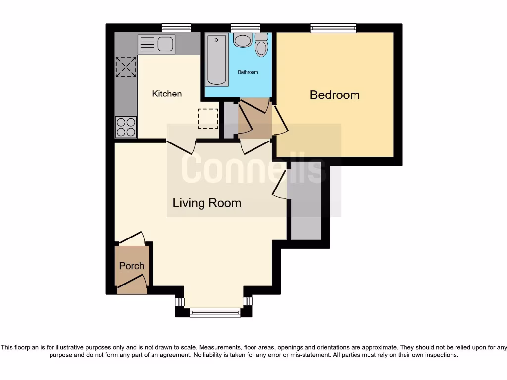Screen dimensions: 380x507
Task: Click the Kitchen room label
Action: [x=167, y=94]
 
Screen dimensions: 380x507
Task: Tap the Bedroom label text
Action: [x=335, y=95]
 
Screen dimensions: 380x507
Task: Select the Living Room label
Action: [x=206, y=203]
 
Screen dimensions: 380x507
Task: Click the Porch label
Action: [x=132, y=266]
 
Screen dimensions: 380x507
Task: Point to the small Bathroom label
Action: [x=248, y=72]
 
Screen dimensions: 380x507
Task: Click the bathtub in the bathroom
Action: [x=217, y=59]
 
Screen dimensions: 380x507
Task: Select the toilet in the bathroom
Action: [x=261, y=45]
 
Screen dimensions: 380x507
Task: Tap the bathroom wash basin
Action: [x=243, y=41]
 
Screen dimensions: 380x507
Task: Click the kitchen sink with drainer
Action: [x=156, y=45]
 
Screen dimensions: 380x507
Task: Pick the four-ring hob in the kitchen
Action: [x=126, y=127]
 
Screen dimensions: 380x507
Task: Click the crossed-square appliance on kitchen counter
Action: [x=126, y=67]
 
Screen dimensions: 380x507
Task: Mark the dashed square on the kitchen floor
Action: [x=207, y=118]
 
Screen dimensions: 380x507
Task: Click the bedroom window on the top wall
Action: [x=333, y=28]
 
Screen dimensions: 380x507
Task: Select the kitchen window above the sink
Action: [x=177, y=28]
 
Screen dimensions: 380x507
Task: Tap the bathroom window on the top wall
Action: [x=246, y=28]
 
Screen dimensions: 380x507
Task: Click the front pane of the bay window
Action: [x=215, y=312]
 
